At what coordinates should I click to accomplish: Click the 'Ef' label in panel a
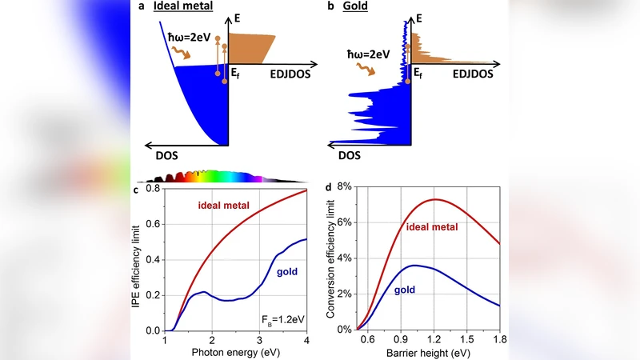236,74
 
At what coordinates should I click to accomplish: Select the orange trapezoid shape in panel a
250,48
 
